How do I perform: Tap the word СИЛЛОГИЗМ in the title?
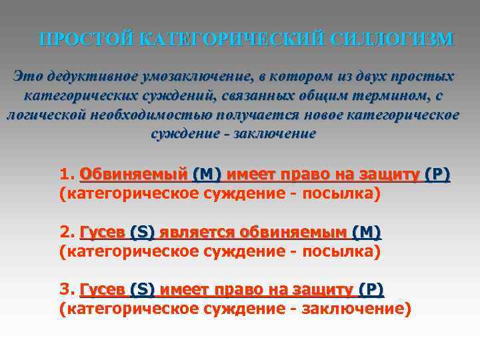(391, 39)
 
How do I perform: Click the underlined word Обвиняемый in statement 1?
(133, 175)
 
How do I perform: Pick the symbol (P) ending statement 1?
(437, 175)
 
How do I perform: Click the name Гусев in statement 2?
(102, 233)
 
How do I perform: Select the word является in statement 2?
(189, 233)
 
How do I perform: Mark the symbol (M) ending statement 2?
(366, 233)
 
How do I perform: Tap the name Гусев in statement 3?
(102, 290)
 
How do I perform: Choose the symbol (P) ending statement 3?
(371, 290)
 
